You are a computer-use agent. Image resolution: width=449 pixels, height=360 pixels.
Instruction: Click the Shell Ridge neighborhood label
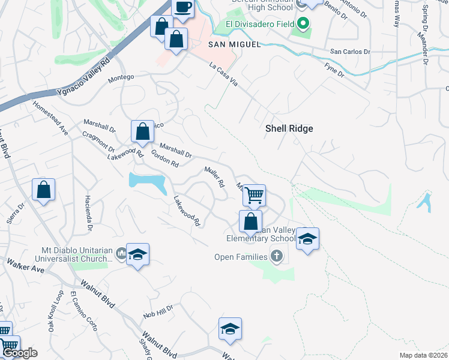[x=289, y=128]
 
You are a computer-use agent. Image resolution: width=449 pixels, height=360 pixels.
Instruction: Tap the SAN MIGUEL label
[x=226, y=45]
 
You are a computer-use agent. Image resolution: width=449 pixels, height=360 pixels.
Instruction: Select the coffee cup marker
[x=183, y=8]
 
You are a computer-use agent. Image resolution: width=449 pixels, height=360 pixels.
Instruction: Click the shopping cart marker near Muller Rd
[x=255, y=194]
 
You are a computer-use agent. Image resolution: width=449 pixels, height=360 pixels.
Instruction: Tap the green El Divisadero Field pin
[x=303, y=24]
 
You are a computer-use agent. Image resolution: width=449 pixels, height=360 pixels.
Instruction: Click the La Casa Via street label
[x=223, y=74]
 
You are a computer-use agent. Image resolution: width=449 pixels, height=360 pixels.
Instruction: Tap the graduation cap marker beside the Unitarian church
[x=137, y=254]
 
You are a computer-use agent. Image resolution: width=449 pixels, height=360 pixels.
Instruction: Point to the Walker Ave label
[x=26, y=266]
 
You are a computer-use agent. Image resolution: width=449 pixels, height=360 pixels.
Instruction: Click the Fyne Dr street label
[x=334, y=70]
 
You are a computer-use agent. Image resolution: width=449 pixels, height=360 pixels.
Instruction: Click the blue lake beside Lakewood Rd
[x=148, y=181]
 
